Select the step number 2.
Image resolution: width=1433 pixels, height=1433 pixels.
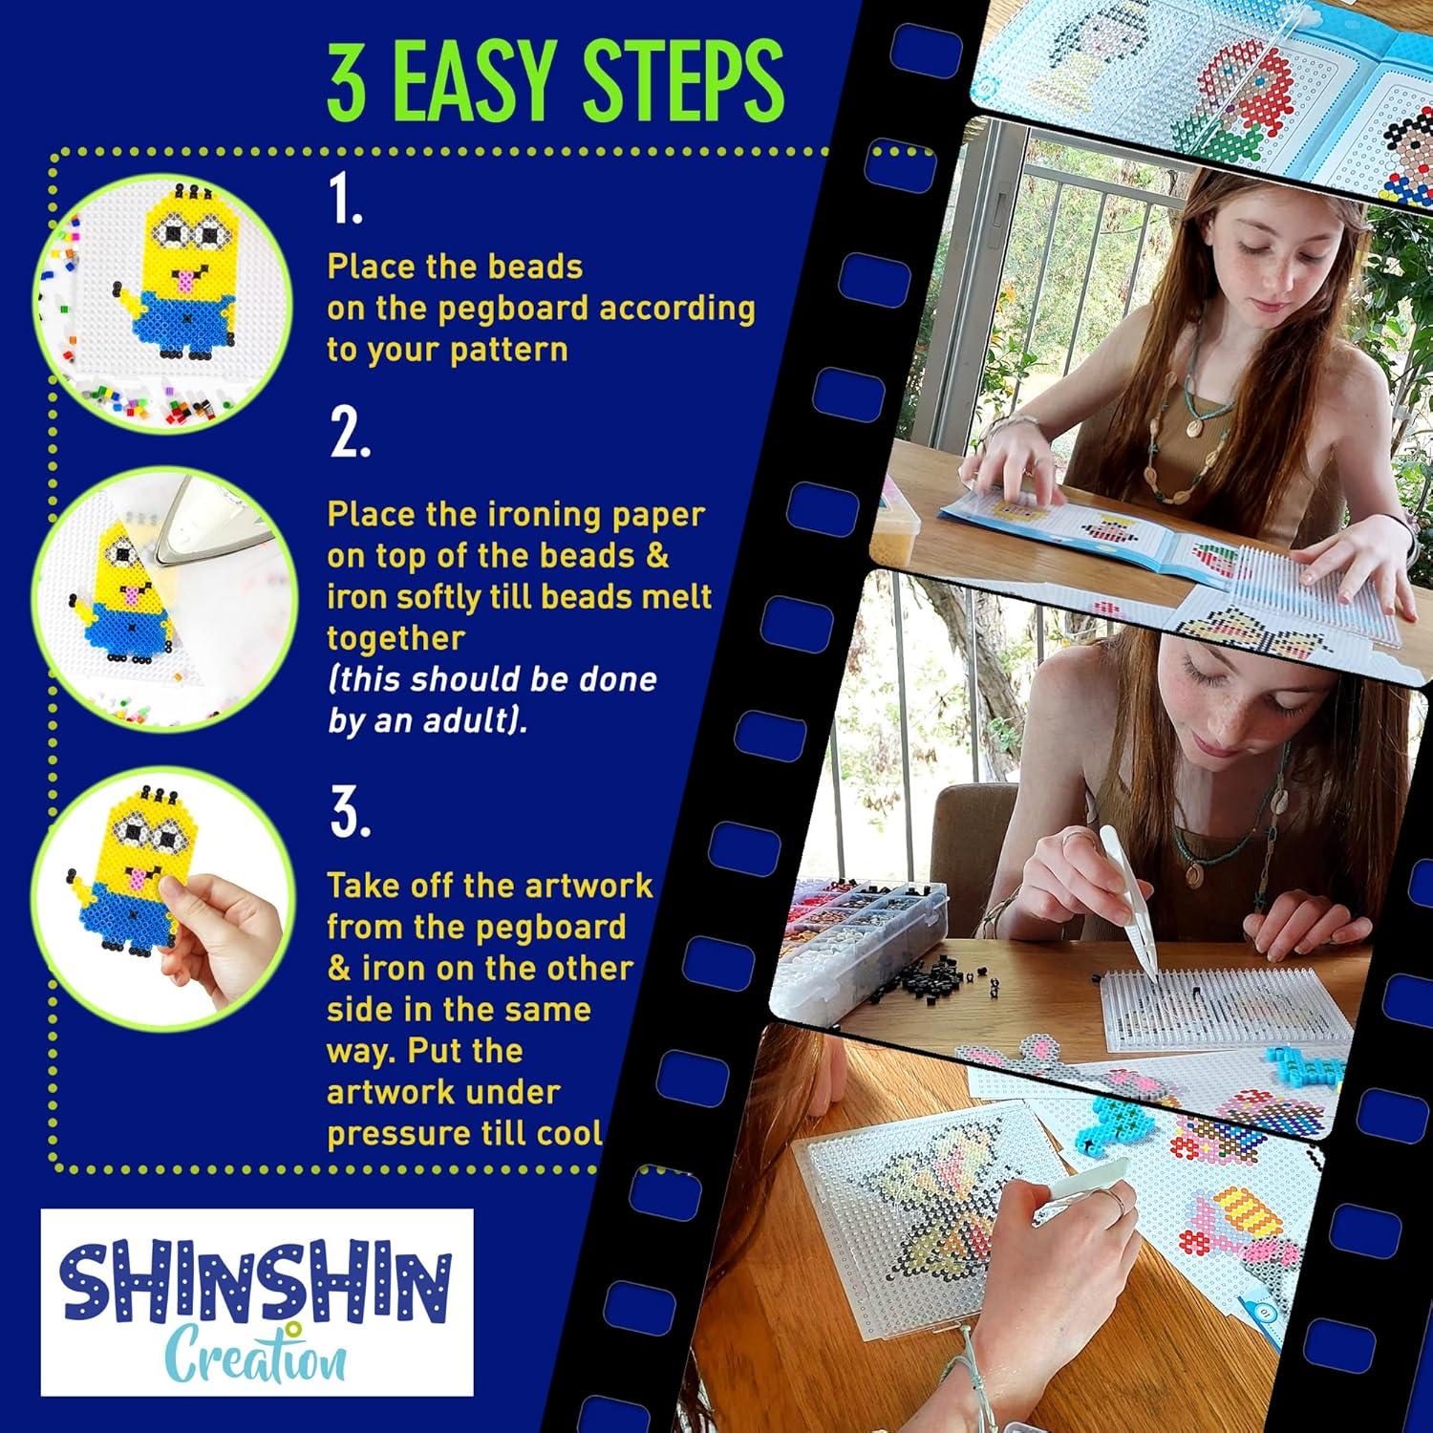pos(349,436)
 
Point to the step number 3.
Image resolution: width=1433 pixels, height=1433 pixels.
pos(349,814)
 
